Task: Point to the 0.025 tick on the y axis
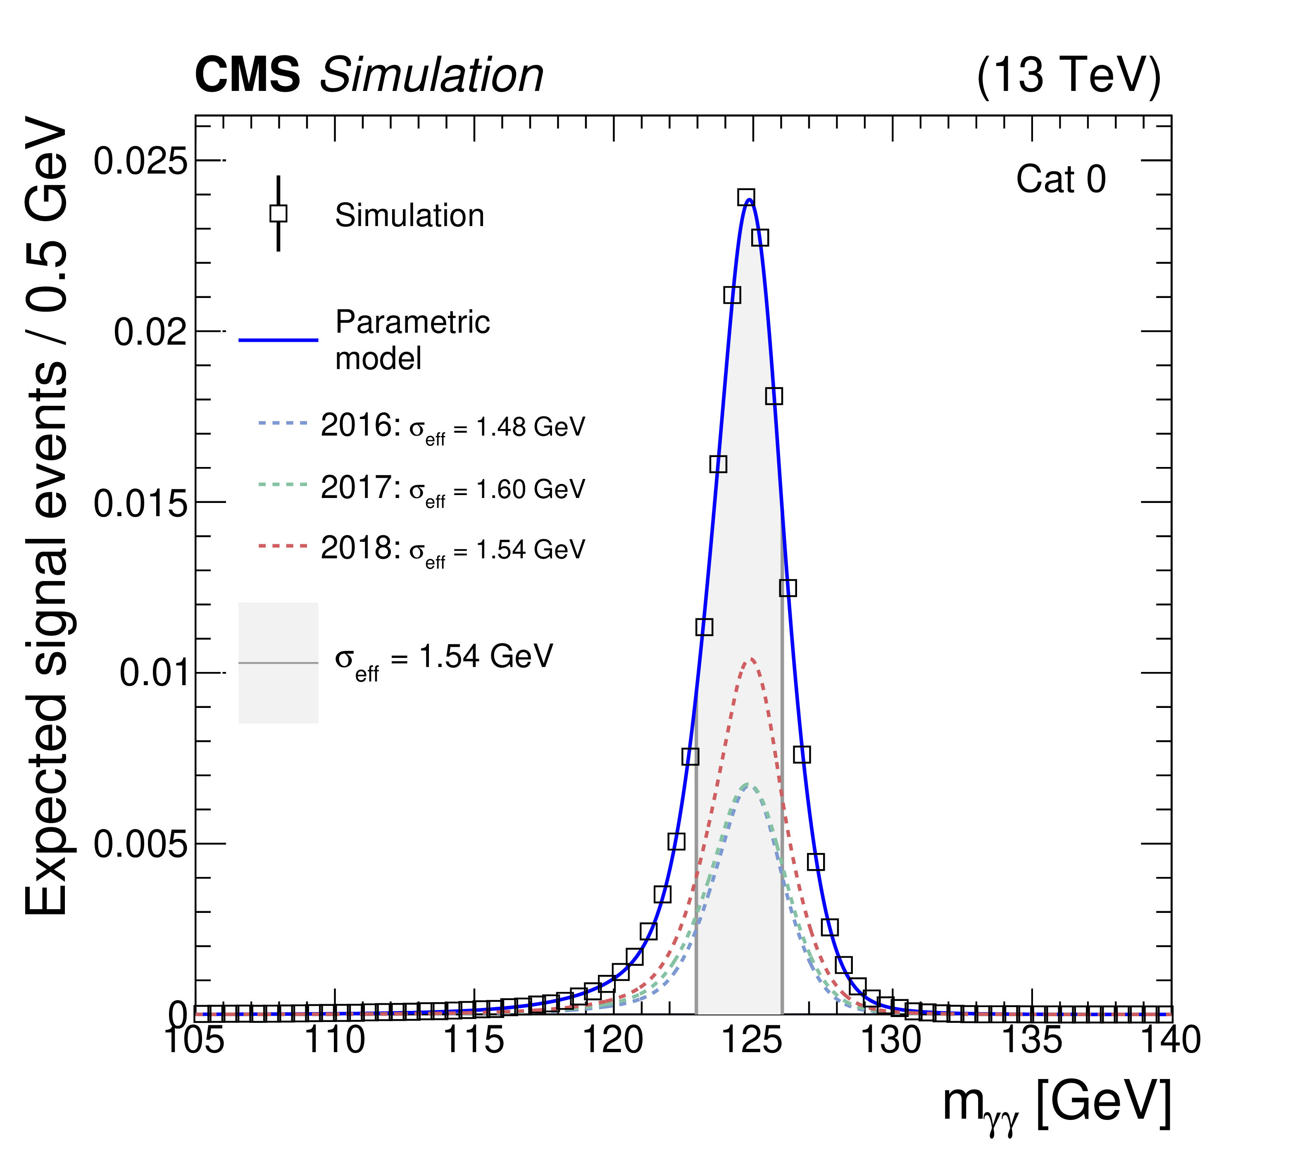pos(141,160)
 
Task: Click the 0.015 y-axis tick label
pos(141,504)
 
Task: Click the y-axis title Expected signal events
pos(46,516)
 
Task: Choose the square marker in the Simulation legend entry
pos(278,213)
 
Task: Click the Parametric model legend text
pos(412,340)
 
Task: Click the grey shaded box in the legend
pos(278,662)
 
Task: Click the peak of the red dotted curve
pos(751,659)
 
